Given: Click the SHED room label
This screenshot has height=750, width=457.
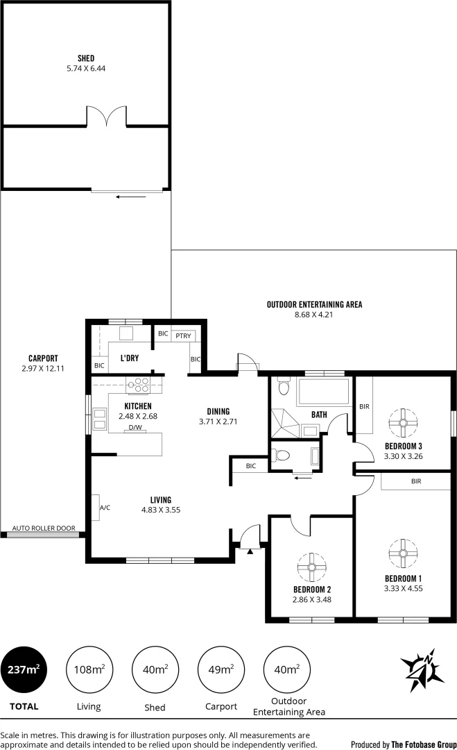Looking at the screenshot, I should (87, 58).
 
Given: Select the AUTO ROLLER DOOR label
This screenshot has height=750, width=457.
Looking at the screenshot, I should (44, 528).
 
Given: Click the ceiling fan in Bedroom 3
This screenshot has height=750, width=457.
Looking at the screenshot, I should (403, 421).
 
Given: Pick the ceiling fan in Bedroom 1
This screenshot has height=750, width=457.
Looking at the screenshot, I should (403, 553).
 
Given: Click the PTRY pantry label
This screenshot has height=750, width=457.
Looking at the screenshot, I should (183, 335).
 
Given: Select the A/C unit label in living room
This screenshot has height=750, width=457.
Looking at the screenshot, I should (105, 508).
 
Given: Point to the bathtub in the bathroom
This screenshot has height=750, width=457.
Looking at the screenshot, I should (322, 392).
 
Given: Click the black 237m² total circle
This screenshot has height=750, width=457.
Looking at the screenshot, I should (24, 670).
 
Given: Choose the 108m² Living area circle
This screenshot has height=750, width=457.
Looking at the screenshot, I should (89, 670).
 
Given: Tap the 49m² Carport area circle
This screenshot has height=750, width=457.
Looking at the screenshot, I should (221, 670).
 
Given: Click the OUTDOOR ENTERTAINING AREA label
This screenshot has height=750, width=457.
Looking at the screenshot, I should (314, 304).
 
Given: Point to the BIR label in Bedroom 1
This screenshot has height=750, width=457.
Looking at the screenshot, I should (416, 481).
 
